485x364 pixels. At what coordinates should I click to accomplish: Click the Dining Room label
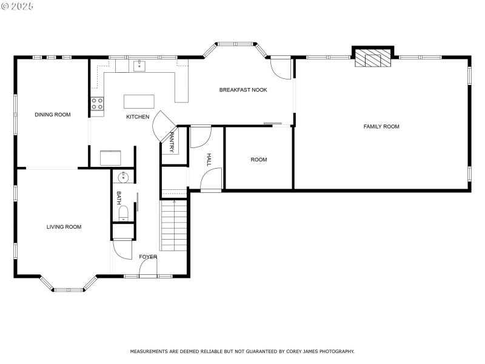click(52, 115)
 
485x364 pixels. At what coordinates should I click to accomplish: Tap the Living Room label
click(64, 227)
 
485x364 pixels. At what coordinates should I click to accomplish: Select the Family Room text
click(381, 127)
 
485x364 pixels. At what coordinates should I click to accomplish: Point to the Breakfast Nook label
click(243, 90)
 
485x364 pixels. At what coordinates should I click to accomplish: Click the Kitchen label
click(138, 116)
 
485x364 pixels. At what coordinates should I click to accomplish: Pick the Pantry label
click(172, 141)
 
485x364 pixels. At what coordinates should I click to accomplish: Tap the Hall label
click(209, 160)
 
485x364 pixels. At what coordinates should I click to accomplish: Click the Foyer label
click(148, 257)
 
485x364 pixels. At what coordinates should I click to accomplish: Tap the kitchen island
click(139, 101)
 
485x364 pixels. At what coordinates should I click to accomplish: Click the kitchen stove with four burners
click(97, 103)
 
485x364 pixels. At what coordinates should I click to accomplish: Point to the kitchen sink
click(139, 64)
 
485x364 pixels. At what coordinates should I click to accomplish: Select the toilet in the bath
click(123, 212)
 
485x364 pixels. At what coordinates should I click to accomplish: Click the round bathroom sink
click(123, 178)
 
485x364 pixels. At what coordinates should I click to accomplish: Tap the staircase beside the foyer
click(173, 224)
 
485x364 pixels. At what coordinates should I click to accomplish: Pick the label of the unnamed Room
click(259, 160)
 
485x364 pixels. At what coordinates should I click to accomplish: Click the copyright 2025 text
click(18, 6)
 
